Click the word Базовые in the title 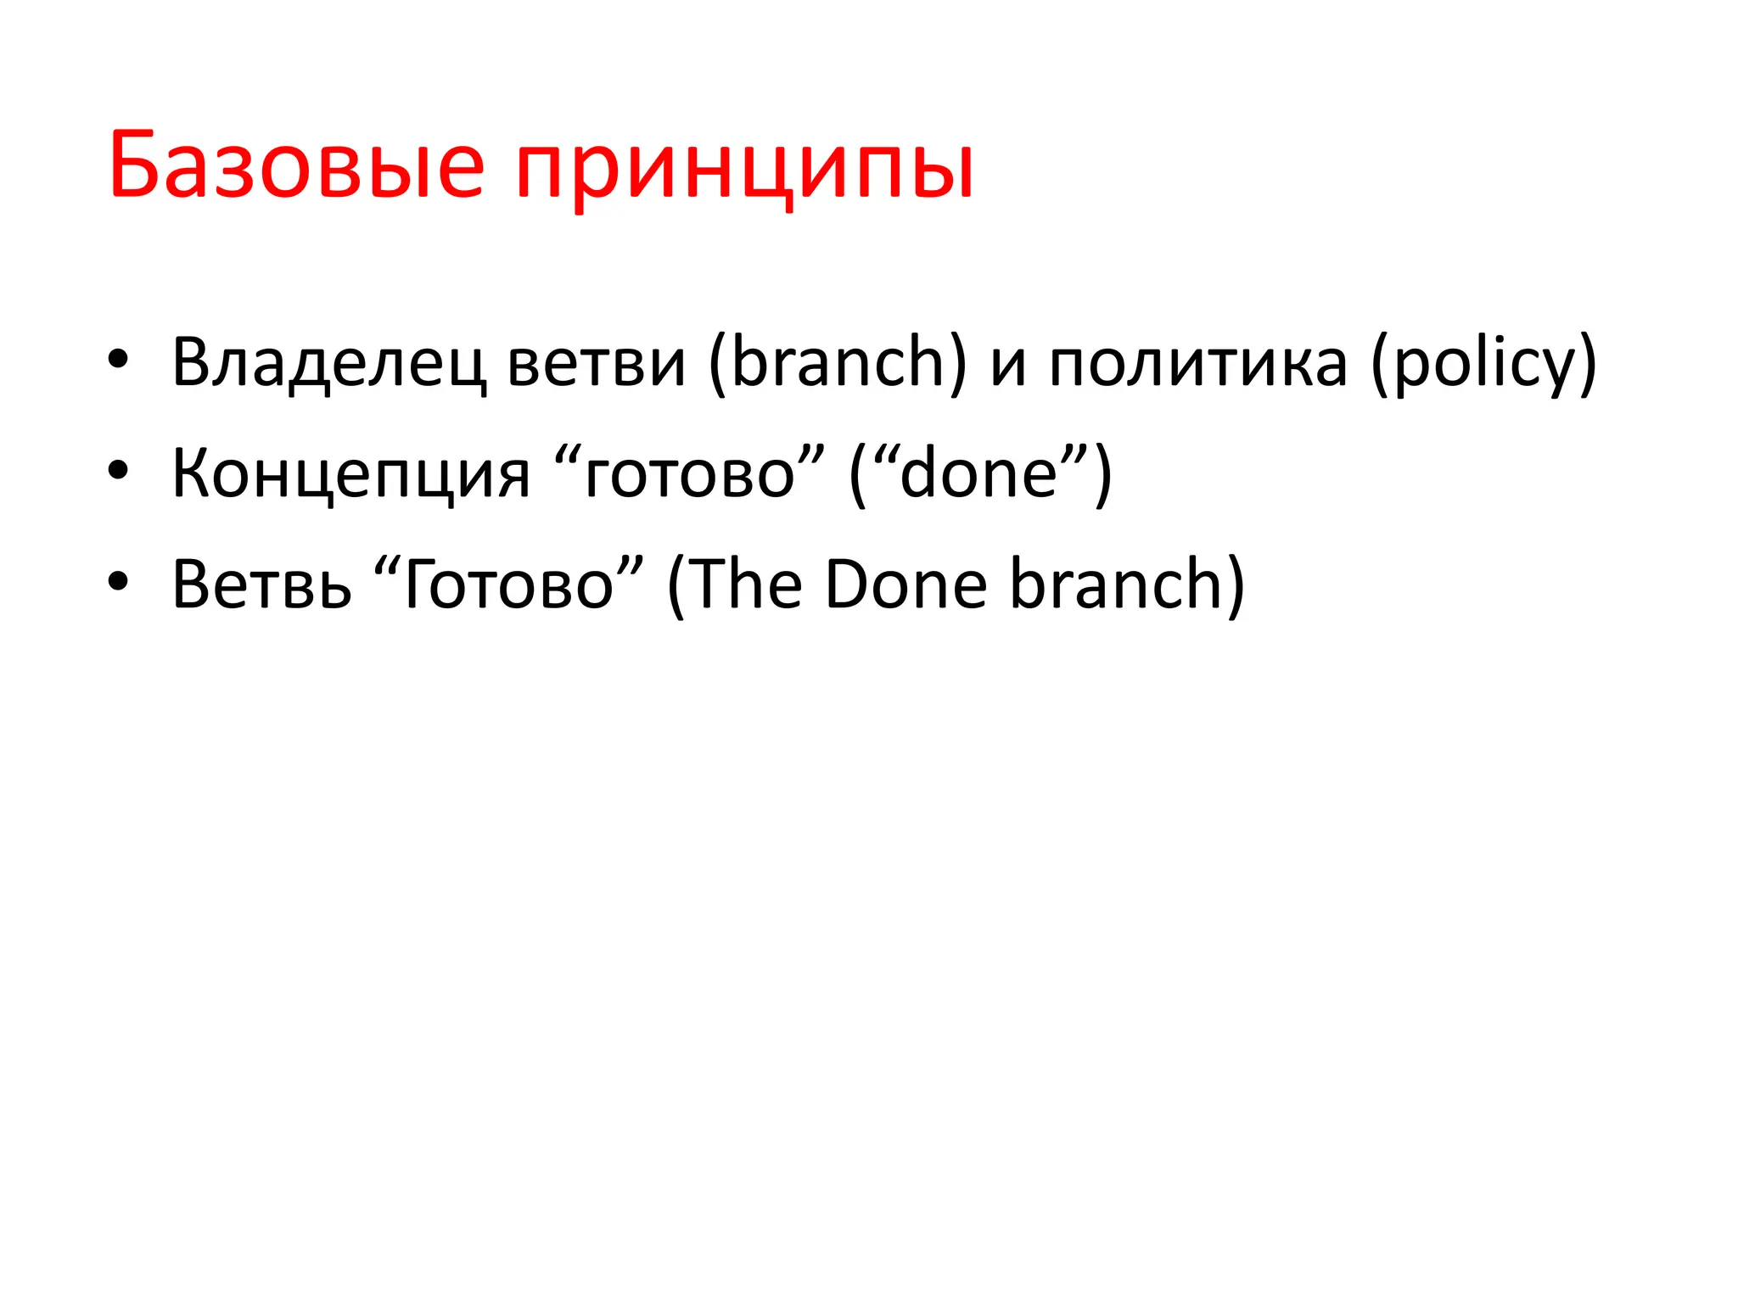296,165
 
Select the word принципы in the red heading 744,170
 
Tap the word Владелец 329,363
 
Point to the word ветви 596,363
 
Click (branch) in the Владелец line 837,363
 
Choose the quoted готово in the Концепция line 689,473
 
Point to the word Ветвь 261,584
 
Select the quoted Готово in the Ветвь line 507,584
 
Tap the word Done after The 905,584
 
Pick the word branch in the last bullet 1116,584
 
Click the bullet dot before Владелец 118,360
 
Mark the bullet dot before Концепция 118,471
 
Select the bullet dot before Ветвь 118,582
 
